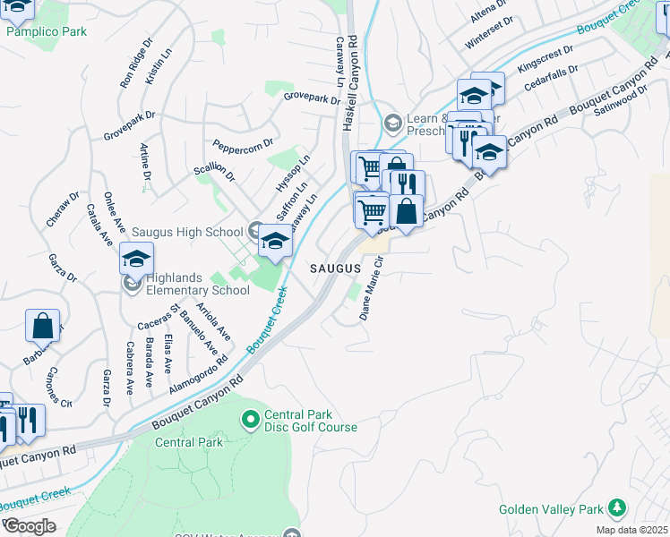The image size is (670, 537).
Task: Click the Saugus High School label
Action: [x=186, y=232]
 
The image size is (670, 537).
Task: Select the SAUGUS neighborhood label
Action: [x=335, y=268]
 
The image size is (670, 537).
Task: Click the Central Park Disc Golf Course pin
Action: [x=251, y=418]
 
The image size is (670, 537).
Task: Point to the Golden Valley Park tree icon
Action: [x=616, y=508]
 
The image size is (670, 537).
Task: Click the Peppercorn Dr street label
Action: [x=243, y=145]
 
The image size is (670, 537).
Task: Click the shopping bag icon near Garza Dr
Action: [x=42, y=326]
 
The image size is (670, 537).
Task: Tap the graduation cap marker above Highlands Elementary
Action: [x=136, y=259]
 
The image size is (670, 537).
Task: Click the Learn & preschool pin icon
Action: [x=392, y=123]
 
